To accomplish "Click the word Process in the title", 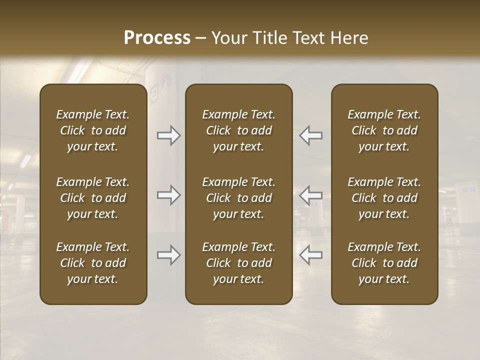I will click(157, 38).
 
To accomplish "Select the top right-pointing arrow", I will click(168, 135).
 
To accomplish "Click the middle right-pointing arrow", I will click(168, 195).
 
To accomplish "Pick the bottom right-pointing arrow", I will click(168, 255).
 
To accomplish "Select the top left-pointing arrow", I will click(311, 135).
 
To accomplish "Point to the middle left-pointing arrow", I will click(311, 195).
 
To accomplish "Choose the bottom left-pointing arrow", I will click(311, 255).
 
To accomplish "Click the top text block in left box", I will click(93, 130).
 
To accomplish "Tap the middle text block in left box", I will click(93, 198).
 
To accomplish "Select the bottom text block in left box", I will click(93, 263).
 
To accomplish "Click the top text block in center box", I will click(239, 130).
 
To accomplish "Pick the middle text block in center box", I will click(239, 198).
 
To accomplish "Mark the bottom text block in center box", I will click(239, 263).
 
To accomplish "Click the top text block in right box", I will click(384, 130).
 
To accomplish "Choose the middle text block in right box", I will click(384, 198).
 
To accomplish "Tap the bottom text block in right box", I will click(384, 263).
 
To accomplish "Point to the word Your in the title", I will click(227, 38).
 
